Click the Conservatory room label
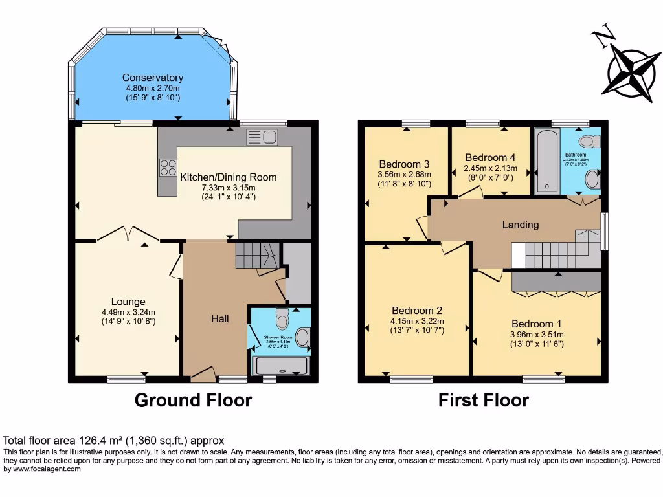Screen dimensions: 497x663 153,78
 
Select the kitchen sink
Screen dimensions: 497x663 262,137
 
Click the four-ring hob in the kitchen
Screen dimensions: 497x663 168,168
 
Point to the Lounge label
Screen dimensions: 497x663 128,302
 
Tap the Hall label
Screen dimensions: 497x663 220,318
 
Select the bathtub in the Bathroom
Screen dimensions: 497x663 547,161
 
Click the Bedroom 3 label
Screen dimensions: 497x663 405,164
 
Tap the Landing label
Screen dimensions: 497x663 521,225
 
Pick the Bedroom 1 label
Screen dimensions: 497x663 537,324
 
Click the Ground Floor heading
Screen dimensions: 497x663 193,401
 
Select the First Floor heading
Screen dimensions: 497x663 483,401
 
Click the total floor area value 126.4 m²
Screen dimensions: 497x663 107,441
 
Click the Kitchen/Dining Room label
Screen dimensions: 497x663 228,177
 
